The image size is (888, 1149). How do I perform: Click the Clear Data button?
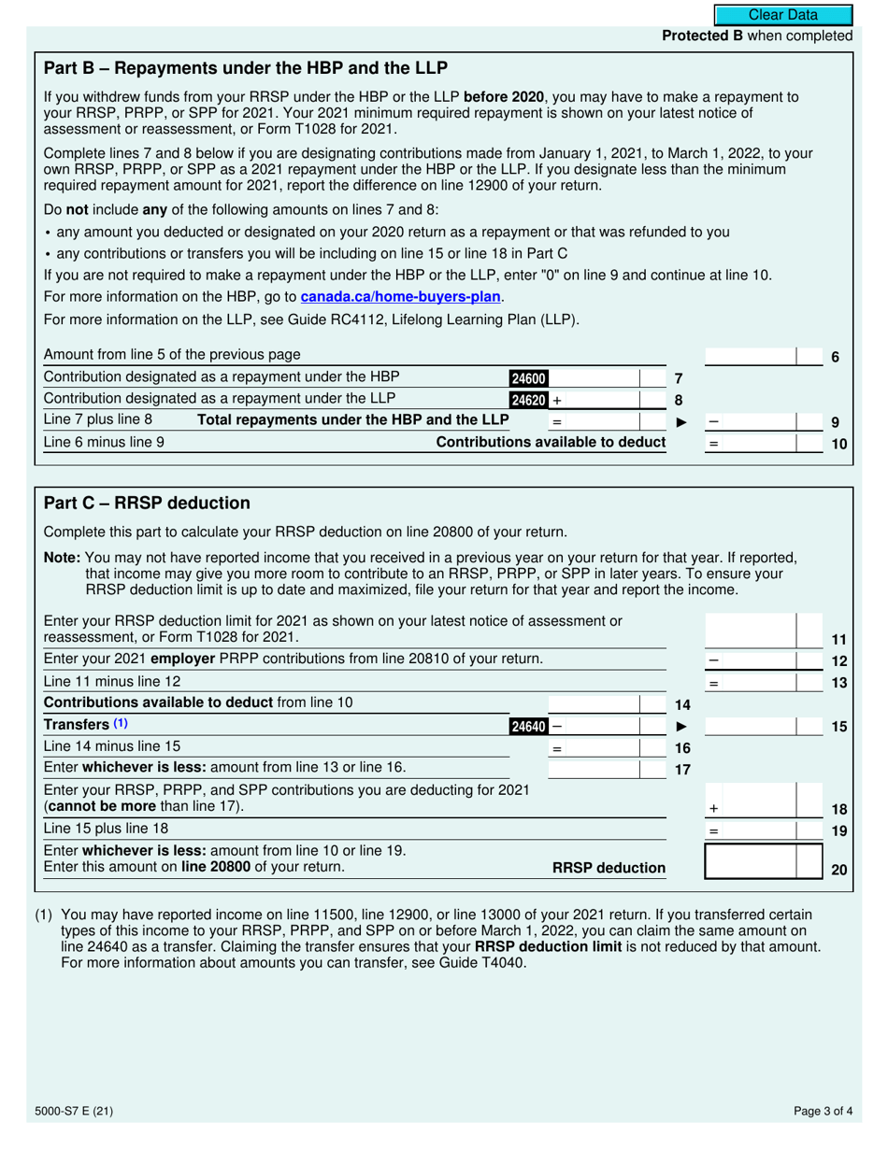tap(783, 15)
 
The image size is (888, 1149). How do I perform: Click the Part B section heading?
tap(246, 68)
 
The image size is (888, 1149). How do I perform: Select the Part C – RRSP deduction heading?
tap(147, 504)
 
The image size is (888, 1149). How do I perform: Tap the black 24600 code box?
tap(528, 378)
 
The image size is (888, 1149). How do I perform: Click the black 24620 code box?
tap(528, 400)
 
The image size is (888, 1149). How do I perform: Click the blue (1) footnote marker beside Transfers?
tap(122, 724)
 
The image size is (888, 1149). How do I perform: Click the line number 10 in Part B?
tap(838, 445)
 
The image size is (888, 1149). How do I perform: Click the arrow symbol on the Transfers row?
tap(681, 726)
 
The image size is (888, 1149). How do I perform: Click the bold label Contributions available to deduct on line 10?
tap(551, 443)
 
